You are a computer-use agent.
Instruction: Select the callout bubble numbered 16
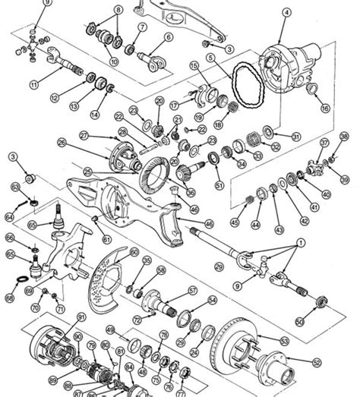(x=325, y=109)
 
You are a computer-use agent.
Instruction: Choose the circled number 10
(x=114, y=61)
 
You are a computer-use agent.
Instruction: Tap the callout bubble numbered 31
(x=297, y=136)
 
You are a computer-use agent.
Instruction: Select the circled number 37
(x=324, y=142)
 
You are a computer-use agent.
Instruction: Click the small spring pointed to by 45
(x=248, y=200)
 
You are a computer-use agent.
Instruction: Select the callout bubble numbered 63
(x=14, y=186)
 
